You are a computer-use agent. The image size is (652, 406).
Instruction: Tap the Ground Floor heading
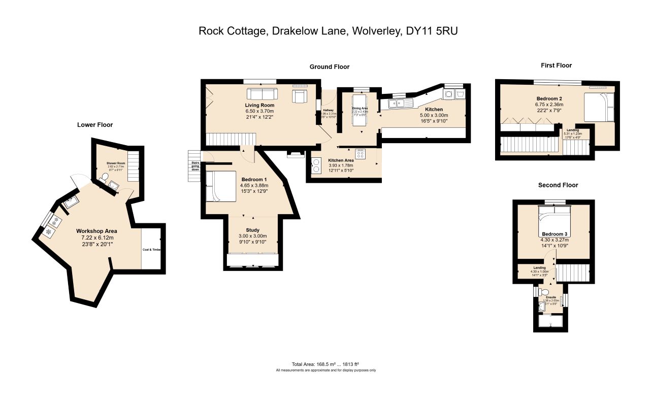tap(330, 67)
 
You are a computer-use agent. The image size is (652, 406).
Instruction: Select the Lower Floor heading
tap(95, 125)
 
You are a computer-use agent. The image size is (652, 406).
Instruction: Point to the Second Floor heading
tap(558, 185)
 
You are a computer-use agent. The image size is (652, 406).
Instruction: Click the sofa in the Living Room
tap(262, 94)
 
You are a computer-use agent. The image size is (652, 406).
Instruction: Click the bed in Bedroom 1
tap(221, 186)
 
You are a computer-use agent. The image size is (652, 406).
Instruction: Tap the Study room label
tap(253, 230)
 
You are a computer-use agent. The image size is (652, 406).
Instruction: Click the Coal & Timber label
tap(152, 250)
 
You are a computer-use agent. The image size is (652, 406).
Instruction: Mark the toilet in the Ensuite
tap(544, 292)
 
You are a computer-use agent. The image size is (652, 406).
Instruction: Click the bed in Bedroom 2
tap(597, 107)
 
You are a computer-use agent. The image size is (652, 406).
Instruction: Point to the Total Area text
tap(325, 364)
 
